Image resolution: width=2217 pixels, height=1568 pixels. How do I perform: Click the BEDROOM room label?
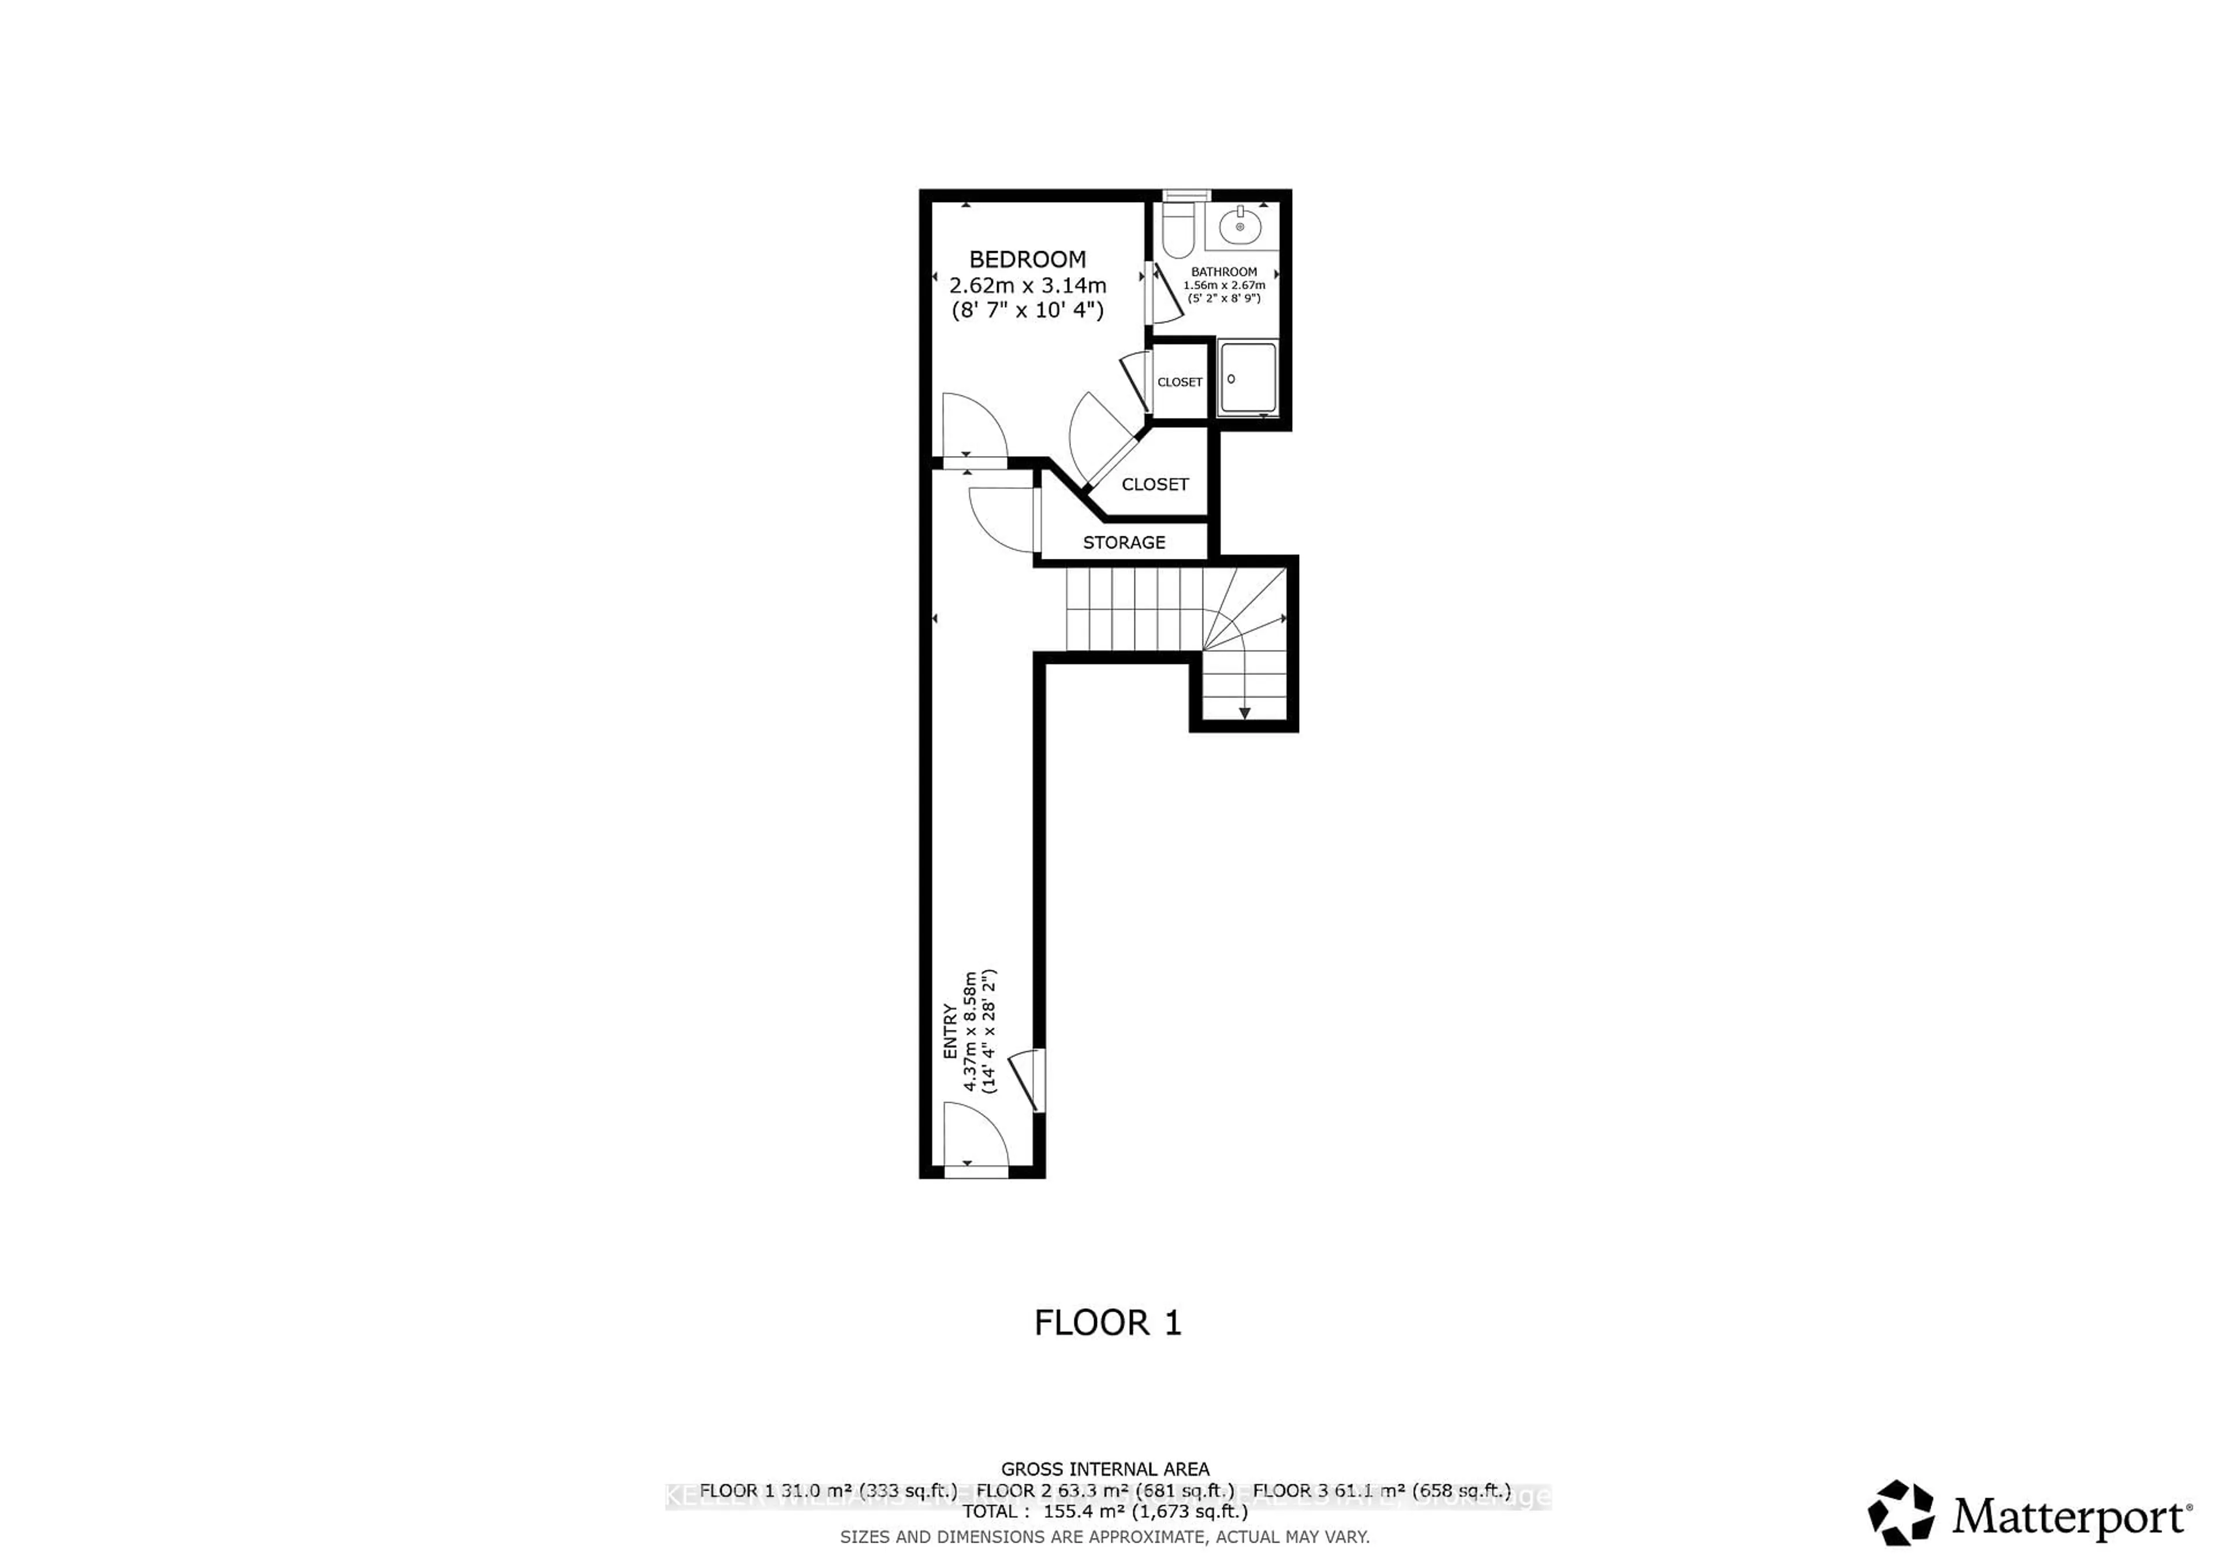point(1028,259)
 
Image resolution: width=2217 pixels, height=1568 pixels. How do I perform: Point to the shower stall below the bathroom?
point(1246,379)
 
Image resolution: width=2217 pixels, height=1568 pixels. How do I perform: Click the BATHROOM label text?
point(1223,272)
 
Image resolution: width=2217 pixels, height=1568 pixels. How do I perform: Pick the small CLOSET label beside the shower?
point(1179,382)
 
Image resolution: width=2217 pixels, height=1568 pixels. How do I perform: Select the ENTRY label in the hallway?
point(950,1031)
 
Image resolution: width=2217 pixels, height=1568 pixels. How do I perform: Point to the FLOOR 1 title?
point(1107,1323)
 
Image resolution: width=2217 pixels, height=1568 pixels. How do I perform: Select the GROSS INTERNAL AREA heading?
point(1104,1469)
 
